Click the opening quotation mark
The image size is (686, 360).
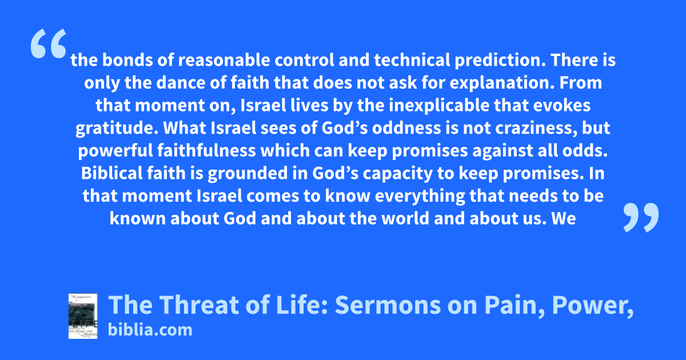[49, 43]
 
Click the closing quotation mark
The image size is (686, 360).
[641, 217]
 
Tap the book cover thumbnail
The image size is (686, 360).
[83, 316]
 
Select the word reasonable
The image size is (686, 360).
[224, 60]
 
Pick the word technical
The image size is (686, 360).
[412, 60]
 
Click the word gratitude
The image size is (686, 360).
[117, 129]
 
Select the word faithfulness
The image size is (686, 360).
[207, 151]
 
